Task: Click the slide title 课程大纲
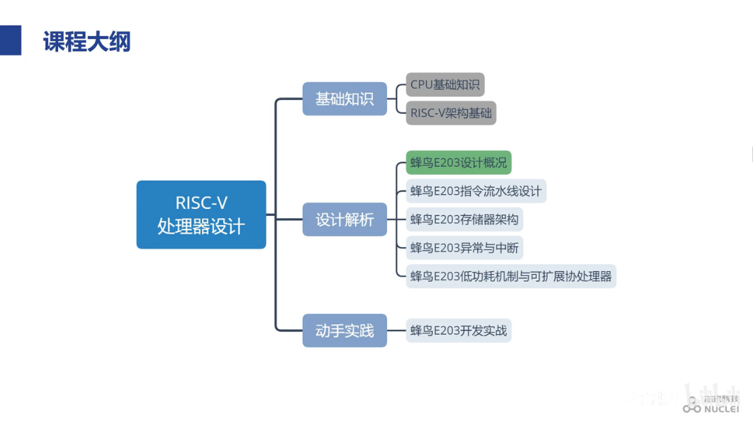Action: pyautogui.click(x=87, y=42)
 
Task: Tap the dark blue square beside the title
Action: pyautogui.click(x=11, y=40)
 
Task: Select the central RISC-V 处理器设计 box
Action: pyautogui.click(x=201, y=215)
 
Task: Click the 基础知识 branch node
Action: pyautogui.click(x=345, y=99)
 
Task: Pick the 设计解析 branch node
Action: pyautogui.click(x=345, y=219)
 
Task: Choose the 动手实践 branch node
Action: pyautogui.click(x=345, y=331)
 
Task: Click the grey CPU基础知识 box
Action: pyautogui.click(x=445, y=85)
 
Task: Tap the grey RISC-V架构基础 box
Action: pyautogui.click(x=451, y=113)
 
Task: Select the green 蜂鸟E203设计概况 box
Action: pyautogui.click(x=459, y=163)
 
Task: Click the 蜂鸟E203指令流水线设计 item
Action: pyautogui.click(x=476, y=191)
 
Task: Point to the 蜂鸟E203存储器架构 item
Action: pyautogui.click(x=464, y=219)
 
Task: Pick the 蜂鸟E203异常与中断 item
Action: pyautogui.click(x=464, y=248)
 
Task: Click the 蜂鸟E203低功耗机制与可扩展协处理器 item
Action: pyautogui.click(x=511, y=276)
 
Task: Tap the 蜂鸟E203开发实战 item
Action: pyautogui.click(x=459, y=331)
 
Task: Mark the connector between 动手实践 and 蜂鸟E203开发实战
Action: pyautogui.click(x=396, y=331)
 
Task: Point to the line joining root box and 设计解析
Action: pyautogui.click(x=284, y=219)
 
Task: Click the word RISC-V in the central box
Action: pyautogui.click(x=201, y=203)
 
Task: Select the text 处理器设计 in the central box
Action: pyautogui.click(x=201, y=227)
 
